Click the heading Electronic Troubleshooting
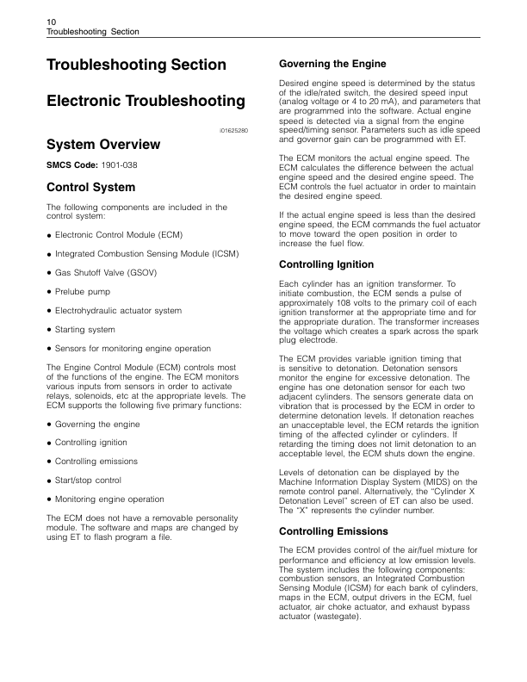pos(145,101)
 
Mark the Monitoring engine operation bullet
pos(109,499)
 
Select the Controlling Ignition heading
pos(327,263)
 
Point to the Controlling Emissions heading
pos(335,530)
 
